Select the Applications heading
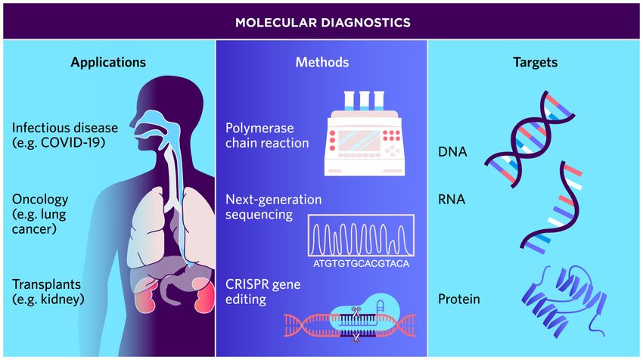point(108,62)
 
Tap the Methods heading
point(322,62)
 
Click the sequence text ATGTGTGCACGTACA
point(360,263)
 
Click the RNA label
point(452,200)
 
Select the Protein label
point(459,299)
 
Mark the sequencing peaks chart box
point(361,235)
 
